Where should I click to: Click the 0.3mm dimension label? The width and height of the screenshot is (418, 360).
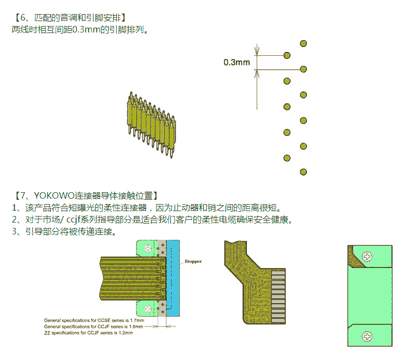[x=237, y=62]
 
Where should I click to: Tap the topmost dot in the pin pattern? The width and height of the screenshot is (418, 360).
[x=303, y=43]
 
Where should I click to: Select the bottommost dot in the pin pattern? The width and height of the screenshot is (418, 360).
[x=303, y=172]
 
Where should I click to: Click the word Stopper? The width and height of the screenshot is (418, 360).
[x=193, y=261]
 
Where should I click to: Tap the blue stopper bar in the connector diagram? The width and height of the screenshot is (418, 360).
[x=174, y=279]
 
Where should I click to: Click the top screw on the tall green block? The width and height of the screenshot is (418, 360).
[x=368, y=256]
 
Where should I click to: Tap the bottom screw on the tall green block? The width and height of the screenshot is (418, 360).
[x=368, y=336]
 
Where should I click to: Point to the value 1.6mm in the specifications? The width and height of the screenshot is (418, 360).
[x=135, y=327]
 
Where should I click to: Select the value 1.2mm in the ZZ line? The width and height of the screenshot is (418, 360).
[x=125, y=333]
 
